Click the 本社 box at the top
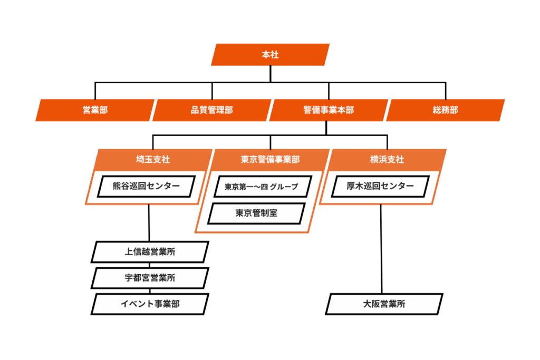coord(270,55)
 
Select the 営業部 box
coord(95,110)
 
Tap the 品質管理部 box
coord(212,110)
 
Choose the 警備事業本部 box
coord(329,110)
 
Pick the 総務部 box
coord(446,110)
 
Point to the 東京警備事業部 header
coord(270,159)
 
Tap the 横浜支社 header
coord(387,159)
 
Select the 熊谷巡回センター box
coord(146,186)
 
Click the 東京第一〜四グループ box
coord(262,187)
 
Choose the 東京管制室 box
coord(256,213)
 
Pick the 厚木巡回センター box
coord(380,186)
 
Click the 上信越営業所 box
coord(150,252)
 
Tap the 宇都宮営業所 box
coord(150,278)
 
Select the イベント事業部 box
coord(150,304)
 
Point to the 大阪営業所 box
coord(384,304)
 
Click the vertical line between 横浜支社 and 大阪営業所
coord(381,248)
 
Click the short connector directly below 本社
coord(271,74)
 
